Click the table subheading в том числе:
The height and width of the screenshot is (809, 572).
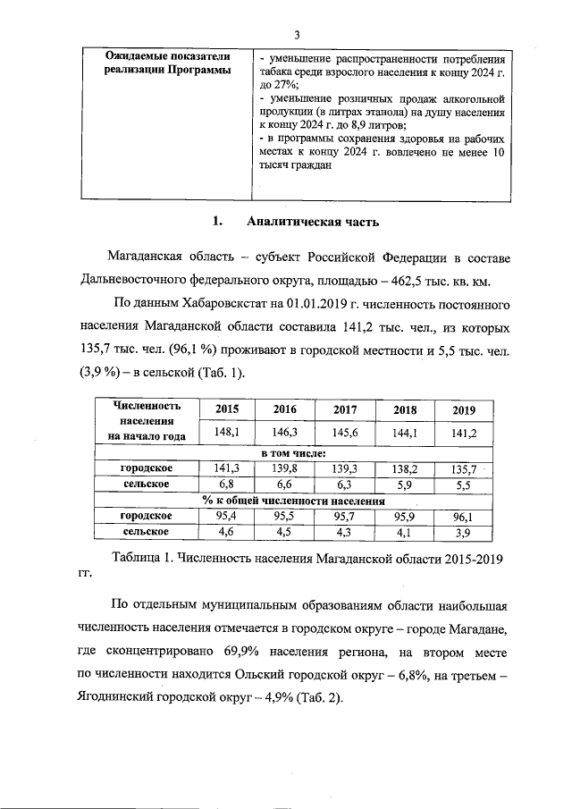tap(286, 453)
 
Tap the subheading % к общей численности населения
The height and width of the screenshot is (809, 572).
tap(286, 501)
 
